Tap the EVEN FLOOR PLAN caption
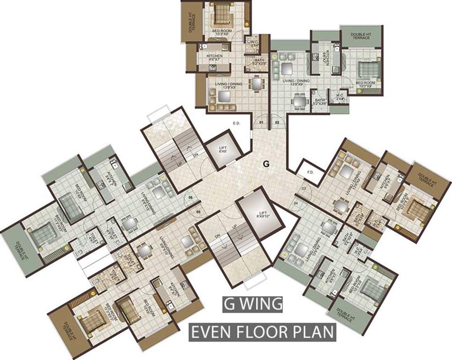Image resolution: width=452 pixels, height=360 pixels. [262, 332]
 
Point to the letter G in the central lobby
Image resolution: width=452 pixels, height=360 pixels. [266, 164]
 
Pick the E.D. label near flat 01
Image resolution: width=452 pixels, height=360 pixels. [237, 124]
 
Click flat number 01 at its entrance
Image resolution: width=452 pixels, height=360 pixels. [262, 123]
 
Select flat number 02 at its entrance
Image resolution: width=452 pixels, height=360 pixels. [277, 123]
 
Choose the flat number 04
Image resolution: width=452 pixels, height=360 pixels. [296, 202]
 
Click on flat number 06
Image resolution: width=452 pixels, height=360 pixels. [191, 198]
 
